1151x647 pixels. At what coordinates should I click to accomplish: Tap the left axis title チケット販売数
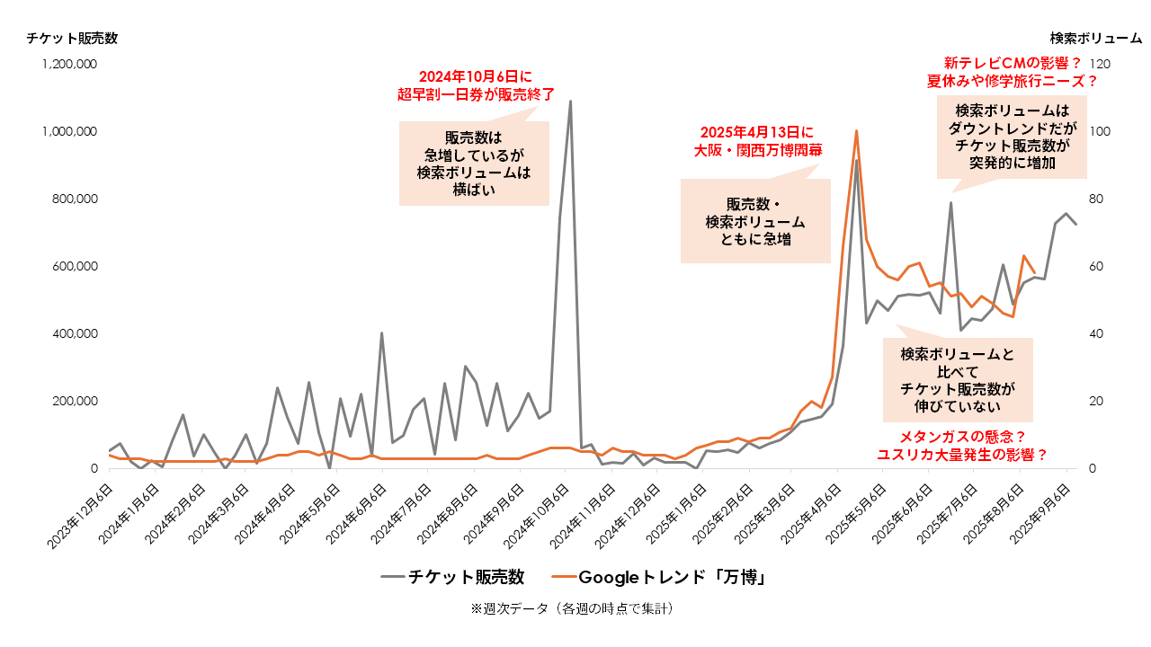pyautogui.click(x=72, y=38)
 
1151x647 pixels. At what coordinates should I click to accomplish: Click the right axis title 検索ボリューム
pyautogui.click(x=1095, y=38)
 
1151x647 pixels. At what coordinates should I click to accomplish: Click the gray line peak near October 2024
pyautogui.click(x=570, y=101)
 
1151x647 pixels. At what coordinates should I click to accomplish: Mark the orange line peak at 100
pyautogui.click(x=856, y=131)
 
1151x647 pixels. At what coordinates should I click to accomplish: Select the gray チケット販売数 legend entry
pyautogui.click(x=453, y=577)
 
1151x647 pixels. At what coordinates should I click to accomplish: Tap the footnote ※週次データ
pyautogui.click(x=572, y=608)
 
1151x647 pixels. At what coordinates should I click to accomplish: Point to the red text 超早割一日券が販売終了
pyautogui.click(x=476, y=93)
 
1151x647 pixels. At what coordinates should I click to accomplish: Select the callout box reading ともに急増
pyautogui.click(x=755, y=221)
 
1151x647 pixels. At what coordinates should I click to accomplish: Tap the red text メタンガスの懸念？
pyautogui.click(x=963, y=437)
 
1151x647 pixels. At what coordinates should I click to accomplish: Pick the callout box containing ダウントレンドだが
pyautogui.click(x=1012, y=137)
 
